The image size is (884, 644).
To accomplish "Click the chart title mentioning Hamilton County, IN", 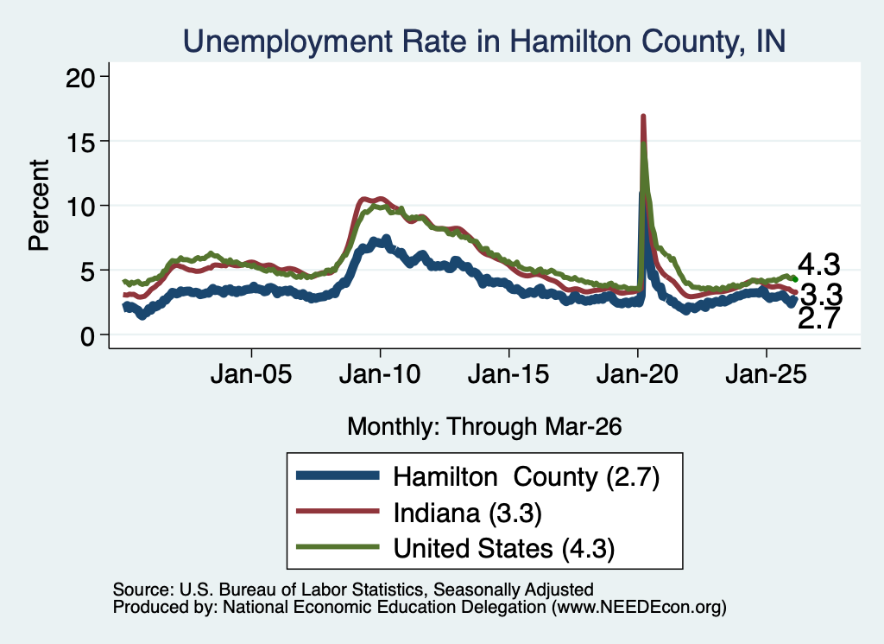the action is [484, 41].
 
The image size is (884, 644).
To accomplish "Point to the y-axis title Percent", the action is [39, 205].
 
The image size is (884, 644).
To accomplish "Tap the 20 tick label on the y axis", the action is [80, 77].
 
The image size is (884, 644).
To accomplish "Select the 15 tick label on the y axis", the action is [80, 141].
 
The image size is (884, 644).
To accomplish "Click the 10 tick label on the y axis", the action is [80, 206].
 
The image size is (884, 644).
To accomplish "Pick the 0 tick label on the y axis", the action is [88, 335].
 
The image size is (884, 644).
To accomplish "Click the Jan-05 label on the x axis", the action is [251, 373].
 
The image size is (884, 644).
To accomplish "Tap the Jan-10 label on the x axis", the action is [380, 373].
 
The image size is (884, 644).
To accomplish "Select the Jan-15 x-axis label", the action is [508, 373].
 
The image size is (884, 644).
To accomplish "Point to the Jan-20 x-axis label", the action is [637, 373].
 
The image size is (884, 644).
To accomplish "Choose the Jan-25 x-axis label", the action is [767, 373].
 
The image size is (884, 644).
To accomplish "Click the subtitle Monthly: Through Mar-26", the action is [484, 427].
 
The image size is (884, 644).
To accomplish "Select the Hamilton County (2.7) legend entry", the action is [526, 477].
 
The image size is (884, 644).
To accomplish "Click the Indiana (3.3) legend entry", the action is [467, 513].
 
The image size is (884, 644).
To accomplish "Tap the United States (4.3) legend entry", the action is [503, 549].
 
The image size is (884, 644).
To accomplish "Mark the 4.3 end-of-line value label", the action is [818, 265].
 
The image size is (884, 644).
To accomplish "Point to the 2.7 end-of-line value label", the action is [819, 319].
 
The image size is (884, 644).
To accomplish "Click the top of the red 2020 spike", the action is [642, 117].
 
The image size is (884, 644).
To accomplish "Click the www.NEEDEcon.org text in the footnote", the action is [639, 608].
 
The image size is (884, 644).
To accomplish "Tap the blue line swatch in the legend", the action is [338, 475].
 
